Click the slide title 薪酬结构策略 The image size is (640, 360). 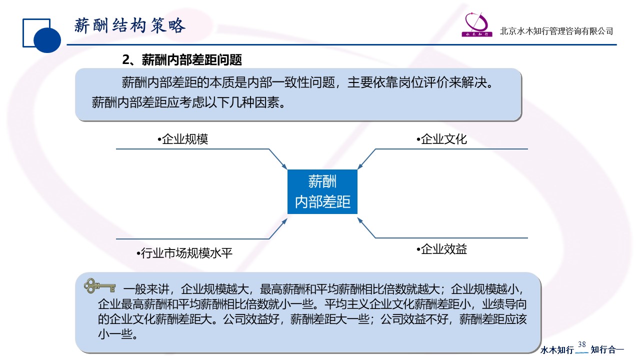click(130, 25)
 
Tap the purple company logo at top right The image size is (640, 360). click(477, 24)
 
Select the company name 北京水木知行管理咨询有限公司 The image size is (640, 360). click(556, 31)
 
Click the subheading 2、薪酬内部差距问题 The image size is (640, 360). click(182, 59)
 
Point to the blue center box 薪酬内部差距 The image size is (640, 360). click(322, 191)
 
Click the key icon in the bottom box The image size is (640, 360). click(99, 285)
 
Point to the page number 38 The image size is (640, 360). click(581, 344)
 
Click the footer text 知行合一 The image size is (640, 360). click(607, 349)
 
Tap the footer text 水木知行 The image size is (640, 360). click(557, 349)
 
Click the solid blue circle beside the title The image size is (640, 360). click(47, 40)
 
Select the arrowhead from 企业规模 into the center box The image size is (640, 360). click(284, 166)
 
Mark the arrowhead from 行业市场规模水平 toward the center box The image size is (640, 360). click(284, 221)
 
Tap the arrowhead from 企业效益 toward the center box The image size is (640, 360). click(360, 220)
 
